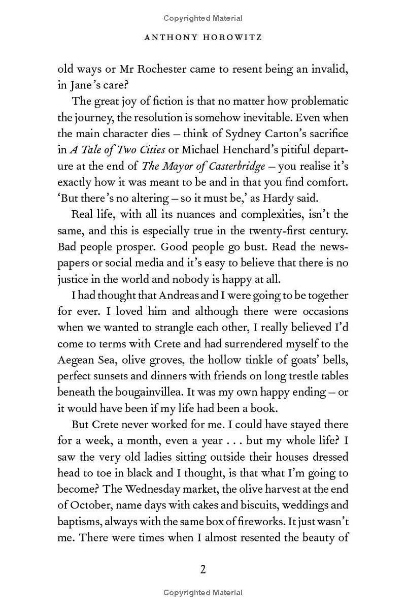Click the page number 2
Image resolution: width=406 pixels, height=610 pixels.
tap(203, 569)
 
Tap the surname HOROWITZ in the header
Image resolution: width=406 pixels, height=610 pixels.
tap(228, 38)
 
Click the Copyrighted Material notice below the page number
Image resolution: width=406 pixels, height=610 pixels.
tap(203, 592)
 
